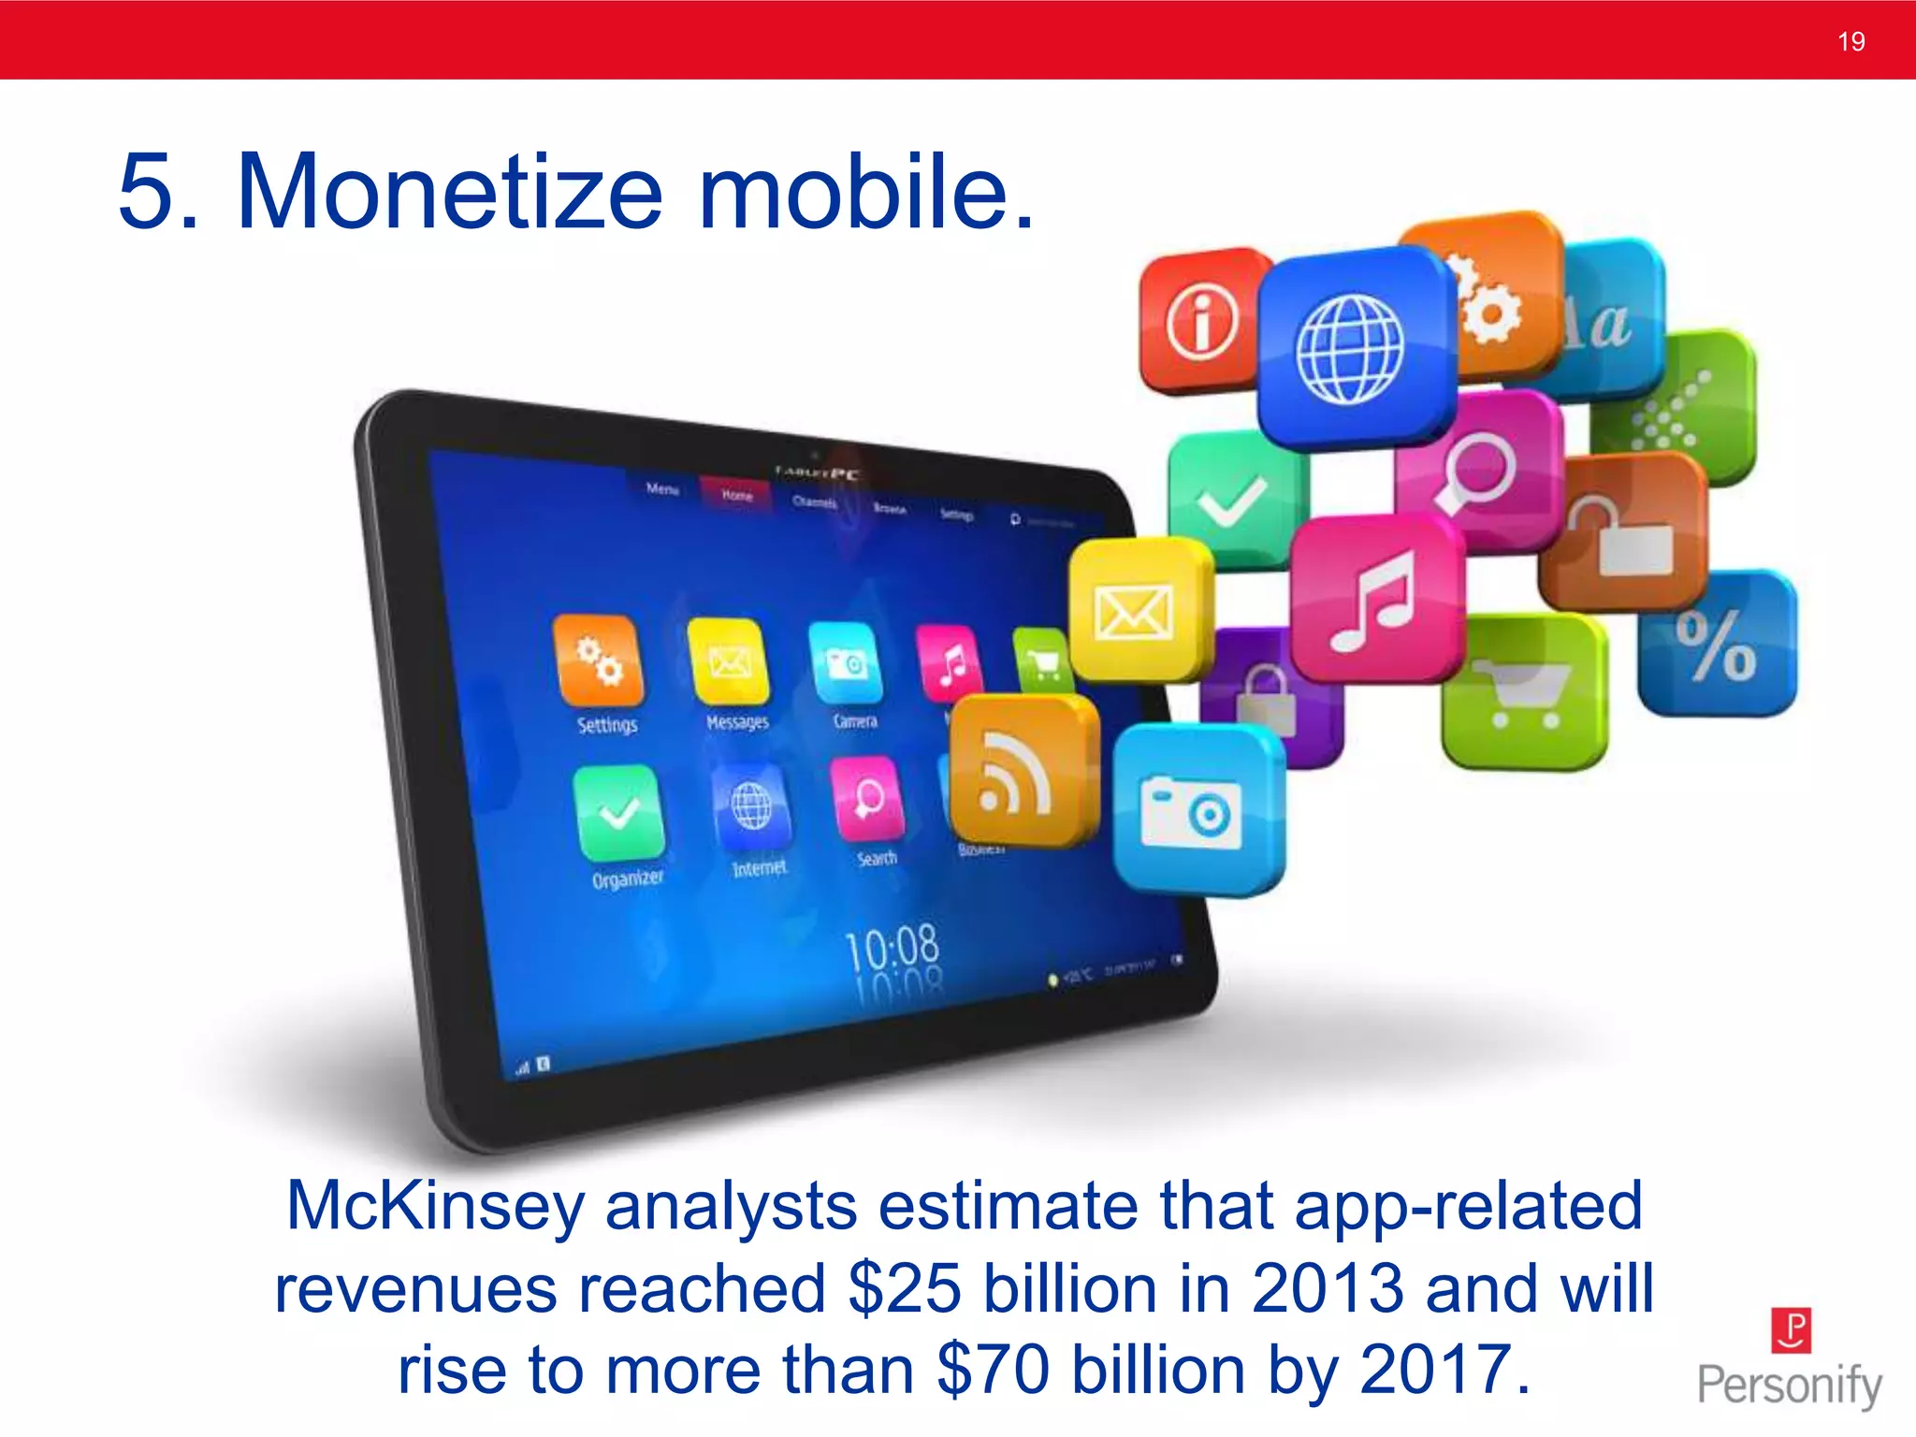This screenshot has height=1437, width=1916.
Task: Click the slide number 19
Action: tap(1851, 41)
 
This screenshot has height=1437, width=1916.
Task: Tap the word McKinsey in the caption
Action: tap(434, 1206)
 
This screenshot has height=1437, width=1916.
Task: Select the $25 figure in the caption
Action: tap(904, 1289)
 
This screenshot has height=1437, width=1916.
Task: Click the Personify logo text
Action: tap(1789, 1385)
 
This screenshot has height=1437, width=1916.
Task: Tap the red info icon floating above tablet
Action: tap(1201, 320)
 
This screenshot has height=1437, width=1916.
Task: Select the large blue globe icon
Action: tap(1351, 348)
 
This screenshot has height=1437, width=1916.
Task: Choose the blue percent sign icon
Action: tap(1716, 646)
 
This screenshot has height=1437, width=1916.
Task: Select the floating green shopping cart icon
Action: tap(1523, 692)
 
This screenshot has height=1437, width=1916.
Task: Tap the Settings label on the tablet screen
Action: tap(607, 725)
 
